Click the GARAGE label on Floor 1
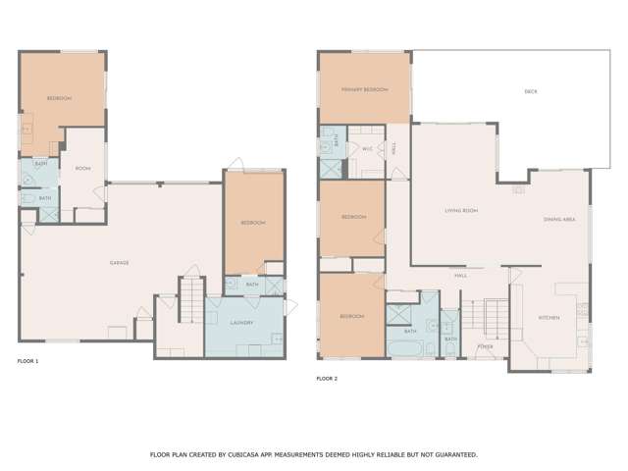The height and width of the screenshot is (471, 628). tap(119, 262)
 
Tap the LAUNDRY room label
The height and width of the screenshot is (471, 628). tap(242, 323)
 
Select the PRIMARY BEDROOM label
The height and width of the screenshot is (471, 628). tap(364, 89)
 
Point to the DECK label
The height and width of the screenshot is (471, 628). tap(530, 91)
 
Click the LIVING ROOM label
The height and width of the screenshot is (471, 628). tap(460, 211)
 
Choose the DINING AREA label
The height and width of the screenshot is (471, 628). tap(559, 220)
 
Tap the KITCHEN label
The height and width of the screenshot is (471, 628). tap(547, 317)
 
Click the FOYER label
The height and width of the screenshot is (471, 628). tap(485, 346)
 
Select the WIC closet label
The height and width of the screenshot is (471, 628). tap(367, 149)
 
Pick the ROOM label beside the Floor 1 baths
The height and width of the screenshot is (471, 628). tap(82, 169)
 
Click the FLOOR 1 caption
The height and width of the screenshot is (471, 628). tap(28, 361)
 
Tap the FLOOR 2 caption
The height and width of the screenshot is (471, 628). tap(327, 378)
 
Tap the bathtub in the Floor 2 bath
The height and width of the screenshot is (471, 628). tap(404, 349)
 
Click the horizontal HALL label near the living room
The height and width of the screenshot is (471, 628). tap(460, 276)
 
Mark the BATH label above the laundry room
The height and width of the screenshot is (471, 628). tap(252, 285)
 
